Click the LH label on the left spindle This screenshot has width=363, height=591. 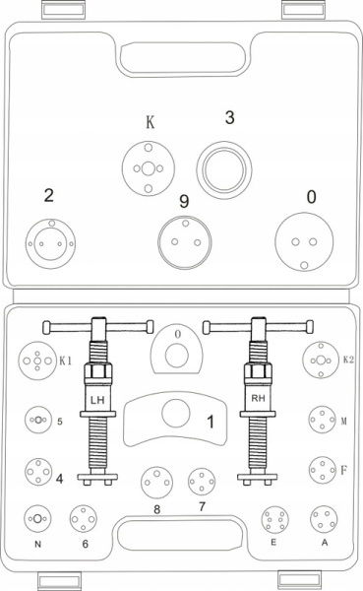[x=97, y=400]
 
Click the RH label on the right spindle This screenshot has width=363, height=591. [x=258, y=398]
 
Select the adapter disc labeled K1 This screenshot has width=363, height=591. [x=37, y=361]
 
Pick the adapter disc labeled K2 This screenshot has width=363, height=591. [x=321, y=360]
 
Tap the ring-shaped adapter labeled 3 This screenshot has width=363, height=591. [x=224, y=170]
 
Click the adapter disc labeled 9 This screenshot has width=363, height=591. [x=185, y=242]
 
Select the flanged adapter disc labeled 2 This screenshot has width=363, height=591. [x=50, y=243]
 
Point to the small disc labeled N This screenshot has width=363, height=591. [x=37, y=519]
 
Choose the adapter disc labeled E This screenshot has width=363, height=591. [x=274, y=520]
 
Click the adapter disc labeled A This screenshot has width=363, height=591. [x=324, y=519]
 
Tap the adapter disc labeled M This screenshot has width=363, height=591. [x=322, y=420]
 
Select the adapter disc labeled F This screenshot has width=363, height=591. [x=323, y=470]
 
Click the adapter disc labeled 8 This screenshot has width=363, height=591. [x=156, y=483]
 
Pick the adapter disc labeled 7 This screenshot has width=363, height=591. [x=202, y=482]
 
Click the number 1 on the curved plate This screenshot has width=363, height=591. [x=211, y=422]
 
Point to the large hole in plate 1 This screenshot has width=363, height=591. [x=175, y=413]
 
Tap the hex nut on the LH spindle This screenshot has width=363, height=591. [x=98, y=374]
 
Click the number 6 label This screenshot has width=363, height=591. [x=86, y=544]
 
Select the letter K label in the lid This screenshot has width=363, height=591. [x=150, y=122]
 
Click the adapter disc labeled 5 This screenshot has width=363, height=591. [x=38, y=420]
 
